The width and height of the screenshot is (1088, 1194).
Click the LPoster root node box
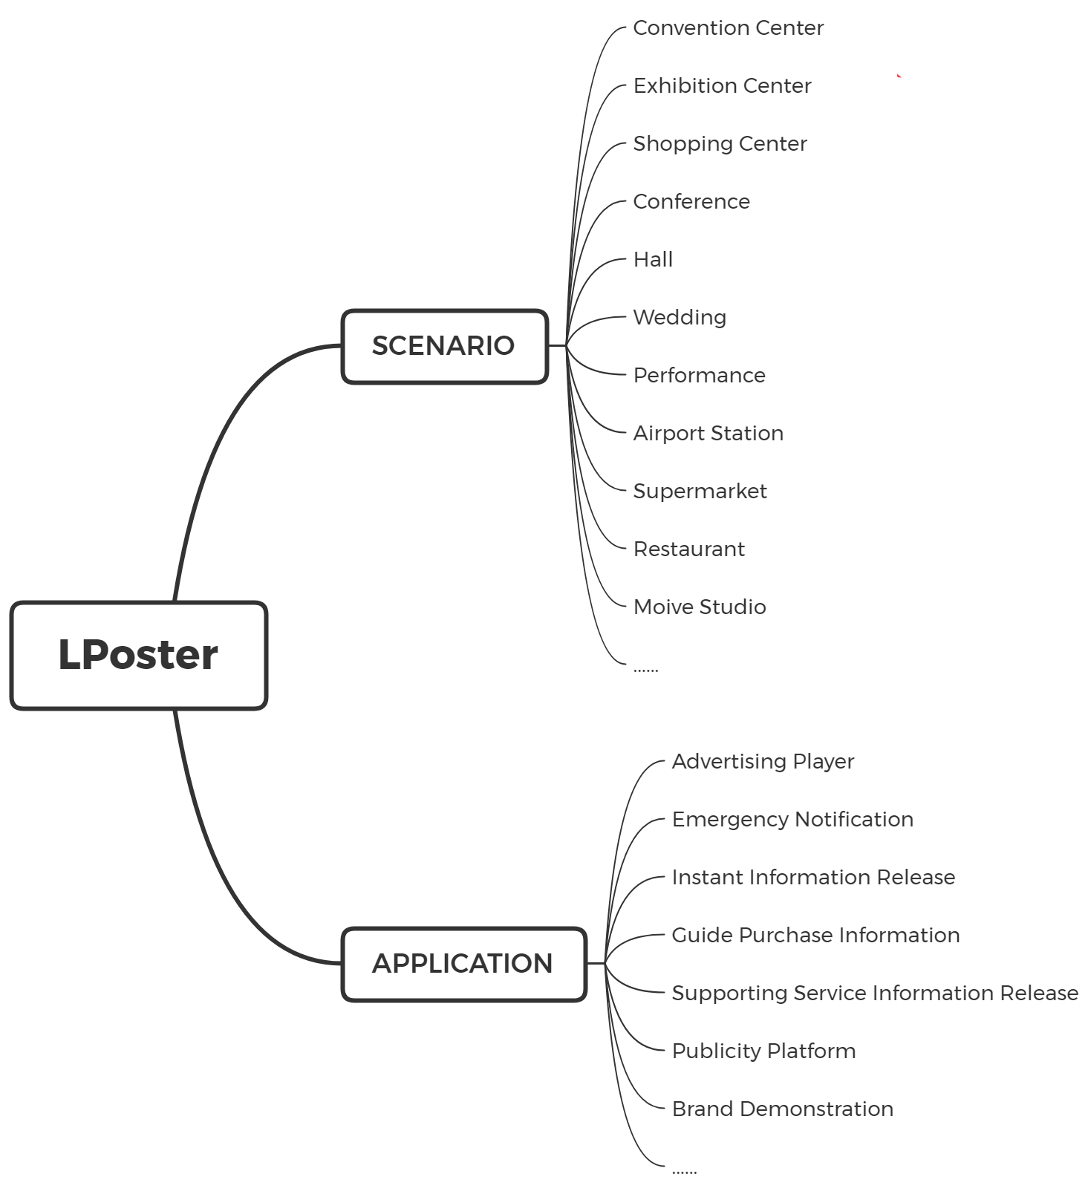[139, 656]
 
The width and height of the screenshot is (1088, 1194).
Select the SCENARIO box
[445, 346]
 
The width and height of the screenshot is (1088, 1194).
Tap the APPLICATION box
[464, 964]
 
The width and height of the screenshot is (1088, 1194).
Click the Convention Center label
[728, 28]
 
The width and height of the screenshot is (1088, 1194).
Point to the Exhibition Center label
[722, 86]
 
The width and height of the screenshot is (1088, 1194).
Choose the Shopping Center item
[720, 144]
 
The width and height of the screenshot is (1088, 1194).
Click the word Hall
[653, 260]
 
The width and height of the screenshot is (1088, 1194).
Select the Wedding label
[680, 318]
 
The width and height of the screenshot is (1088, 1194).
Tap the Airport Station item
[708, 434]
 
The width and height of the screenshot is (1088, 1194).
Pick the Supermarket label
[700, 492]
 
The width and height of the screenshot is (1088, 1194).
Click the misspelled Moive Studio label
[700, 607]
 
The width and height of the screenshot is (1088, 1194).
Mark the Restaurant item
[688, 549]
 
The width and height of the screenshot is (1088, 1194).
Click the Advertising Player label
[763, 762]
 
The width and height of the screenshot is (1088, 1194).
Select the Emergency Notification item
[792, 820]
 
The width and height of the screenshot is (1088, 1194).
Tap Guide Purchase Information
[815, 936]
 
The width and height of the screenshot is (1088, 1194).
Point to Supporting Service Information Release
[875, 994]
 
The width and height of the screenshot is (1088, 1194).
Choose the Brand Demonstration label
[782, 1109]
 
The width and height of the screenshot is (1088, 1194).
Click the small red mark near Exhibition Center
[899, 76]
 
